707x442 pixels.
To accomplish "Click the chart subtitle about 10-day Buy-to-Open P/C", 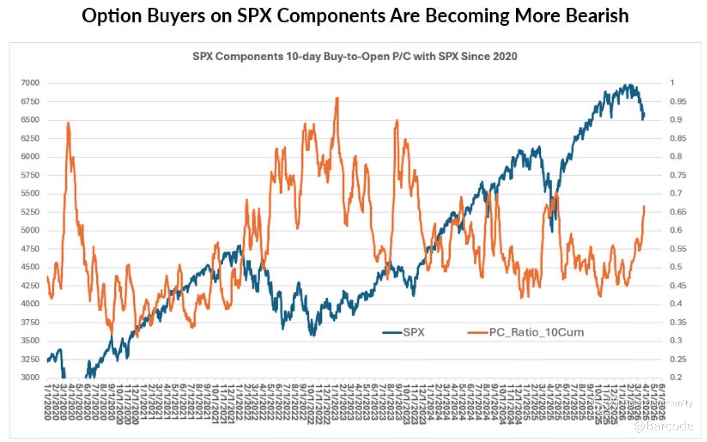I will [355, 56].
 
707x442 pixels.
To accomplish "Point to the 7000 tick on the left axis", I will [30, 83].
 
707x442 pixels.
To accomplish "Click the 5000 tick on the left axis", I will [30, 230].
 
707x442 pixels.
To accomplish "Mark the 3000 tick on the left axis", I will [30, 377].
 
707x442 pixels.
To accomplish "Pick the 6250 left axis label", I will [30, 138].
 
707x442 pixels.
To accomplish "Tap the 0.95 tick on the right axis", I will [678, 101].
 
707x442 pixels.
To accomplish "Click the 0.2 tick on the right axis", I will [676, 377].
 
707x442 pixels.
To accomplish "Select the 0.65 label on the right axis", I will [678, 212].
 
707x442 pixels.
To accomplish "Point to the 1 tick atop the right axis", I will [672, 83].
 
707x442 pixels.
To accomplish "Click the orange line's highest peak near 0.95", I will [337, 98].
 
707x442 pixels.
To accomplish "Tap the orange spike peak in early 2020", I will [69, 123].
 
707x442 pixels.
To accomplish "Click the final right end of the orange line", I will [644, 206].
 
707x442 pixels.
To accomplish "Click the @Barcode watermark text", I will [663, 426].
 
